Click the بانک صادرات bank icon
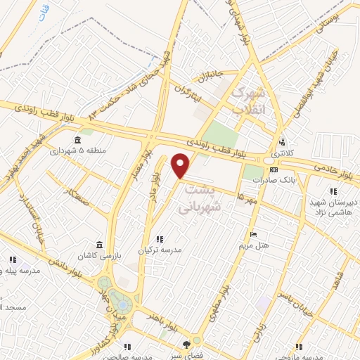point(274,169)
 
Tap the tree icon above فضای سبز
point(186,344)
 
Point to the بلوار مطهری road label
point(219,295)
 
